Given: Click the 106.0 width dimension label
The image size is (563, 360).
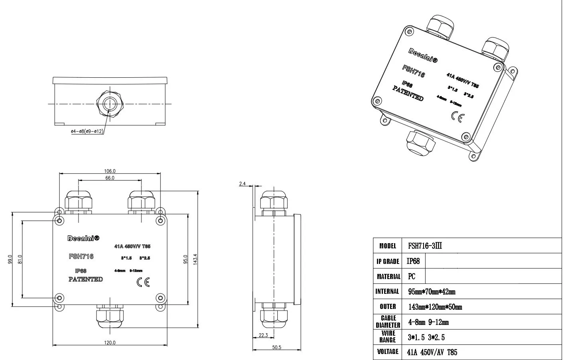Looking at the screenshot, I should click(x=110, y=171).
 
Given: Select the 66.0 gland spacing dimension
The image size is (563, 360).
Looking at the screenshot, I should click(x=110, y=178).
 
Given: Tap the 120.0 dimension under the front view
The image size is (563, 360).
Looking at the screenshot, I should click(x=110, y=342).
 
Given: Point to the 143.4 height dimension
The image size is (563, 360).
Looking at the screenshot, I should click(x=195, y=259).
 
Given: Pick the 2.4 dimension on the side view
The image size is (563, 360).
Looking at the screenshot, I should click(x=242, y=184).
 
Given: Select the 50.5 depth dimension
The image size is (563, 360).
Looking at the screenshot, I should click(x=277, y=348).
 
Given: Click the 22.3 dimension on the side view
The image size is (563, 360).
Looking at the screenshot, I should click(x=263, y=335).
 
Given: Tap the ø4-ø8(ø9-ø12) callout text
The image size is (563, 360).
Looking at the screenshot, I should click(x=87, y=131).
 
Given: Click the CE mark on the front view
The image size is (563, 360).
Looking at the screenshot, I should click(x=143, y=282).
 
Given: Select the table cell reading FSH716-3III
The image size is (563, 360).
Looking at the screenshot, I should click(x=425, y=246).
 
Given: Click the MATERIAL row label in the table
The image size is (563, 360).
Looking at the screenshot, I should click(x=388, y=276).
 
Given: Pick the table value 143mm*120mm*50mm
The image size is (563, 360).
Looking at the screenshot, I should click(x=435, y=307).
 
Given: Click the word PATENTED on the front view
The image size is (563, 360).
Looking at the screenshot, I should click(x=86, y=279).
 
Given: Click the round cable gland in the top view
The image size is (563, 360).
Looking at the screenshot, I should click(x=110, y=104).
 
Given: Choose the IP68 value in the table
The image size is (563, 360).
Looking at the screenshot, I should click(x=413, y=261).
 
